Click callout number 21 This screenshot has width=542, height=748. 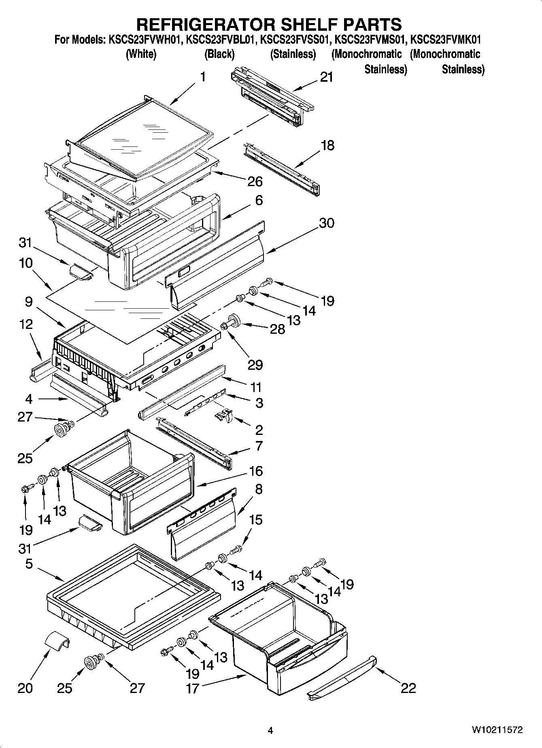click(326, 77)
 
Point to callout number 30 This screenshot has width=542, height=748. click(326, 223)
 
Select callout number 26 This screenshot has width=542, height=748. click(255, 182)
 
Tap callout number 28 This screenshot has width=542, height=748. click(277, 329)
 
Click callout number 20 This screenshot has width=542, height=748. click(25, 688)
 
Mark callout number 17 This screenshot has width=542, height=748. click(192, 688)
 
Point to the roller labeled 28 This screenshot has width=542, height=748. click(234, 321)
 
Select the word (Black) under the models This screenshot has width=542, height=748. click(219, 54)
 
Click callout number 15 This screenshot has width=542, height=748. click(255, 519)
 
